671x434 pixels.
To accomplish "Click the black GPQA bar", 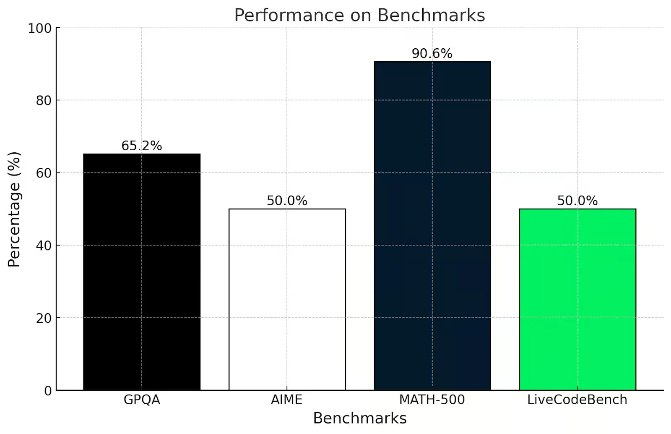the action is click(142, 272).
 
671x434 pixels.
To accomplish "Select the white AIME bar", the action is click(287, 299).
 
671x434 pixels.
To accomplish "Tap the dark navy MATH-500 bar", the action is click(432, 226).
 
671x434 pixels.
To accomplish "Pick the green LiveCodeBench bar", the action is click(577, 299).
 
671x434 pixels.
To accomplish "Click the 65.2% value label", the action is click(142, 146).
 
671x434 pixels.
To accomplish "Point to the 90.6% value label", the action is click(432, 54).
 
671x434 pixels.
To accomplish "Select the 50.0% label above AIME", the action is click(287, 201).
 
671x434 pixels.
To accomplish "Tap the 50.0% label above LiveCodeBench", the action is click(577, 201).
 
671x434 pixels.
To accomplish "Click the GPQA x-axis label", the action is click(142, 400).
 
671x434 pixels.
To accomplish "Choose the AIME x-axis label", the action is click(287, 400).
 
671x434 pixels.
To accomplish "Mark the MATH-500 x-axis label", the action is click(432, 400).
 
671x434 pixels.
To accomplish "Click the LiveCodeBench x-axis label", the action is click(577, 400).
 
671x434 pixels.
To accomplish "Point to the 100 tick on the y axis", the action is click(40, 29).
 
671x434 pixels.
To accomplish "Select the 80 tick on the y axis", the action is click(44, 101).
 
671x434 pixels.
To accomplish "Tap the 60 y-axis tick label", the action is click(44, 173).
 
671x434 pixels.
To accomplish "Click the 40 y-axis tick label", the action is click(44, 246).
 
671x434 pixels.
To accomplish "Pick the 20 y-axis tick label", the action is click(44, 318).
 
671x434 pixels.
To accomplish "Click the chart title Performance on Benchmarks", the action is click(359, 15).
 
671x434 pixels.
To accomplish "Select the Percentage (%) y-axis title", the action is click(14, 209).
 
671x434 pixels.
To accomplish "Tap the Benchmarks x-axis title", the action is click(360, 418).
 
